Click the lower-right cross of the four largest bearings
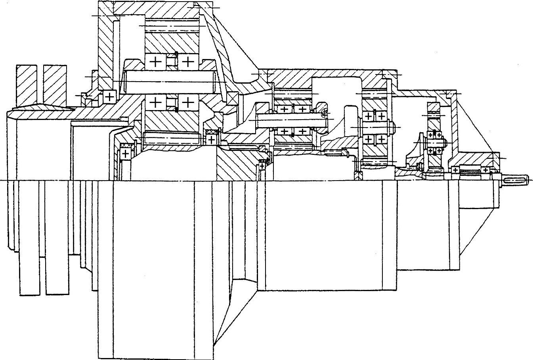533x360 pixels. pos(187,103)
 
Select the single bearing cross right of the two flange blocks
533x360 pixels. pos(109,96)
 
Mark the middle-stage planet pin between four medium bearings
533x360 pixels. pos(293,119)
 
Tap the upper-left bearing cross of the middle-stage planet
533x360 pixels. pos(284,109)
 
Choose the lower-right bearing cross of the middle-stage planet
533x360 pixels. pos(302,131)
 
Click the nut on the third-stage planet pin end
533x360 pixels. pos(392,127)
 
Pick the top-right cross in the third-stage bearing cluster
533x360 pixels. pos(381,116)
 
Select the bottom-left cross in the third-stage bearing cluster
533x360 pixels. pos(369,139)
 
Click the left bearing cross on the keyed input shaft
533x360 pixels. pos(455,170)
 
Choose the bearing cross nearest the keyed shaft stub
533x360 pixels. pos(486,170)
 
